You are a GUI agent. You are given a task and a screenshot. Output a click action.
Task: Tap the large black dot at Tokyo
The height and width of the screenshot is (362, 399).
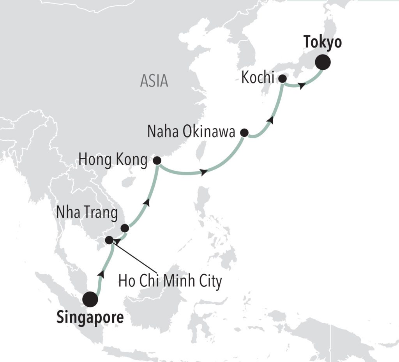click(x=323, y=62)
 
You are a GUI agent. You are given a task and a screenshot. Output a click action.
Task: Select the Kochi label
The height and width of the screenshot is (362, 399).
click(x=258, y=78)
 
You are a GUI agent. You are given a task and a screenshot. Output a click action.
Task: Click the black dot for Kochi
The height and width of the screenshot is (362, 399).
click(x=282, y=79)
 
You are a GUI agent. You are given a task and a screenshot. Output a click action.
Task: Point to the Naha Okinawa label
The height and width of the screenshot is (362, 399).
click(x=191, y=132)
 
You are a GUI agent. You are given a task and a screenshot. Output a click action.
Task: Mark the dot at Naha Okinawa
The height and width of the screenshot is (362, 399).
click(x=244, y=132)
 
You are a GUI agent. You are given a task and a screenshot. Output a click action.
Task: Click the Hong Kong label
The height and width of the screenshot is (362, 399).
click(x=113, y=159)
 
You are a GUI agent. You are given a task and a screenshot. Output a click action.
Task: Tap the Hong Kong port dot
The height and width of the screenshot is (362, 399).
click(x=157, y=160)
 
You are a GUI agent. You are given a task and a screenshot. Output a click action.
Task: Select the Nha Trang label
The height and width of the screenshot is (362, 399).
click(x=87, y=213)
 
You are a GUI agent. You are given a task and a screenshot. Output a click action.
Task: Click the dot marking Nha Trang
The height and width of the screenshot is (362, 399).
click(x=125, y=228)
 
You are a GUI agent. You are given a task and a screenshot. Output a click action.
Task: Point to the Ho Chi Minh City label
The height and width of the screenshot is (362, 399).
click(x=170, y=281)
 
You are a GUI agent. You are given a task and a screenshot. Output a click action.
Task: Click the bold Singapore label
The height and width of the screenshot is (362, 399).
click(x=90, y=318)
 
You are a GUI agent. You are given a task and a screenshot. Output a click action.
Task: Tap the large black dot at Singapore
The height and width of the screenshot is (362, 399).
click(x=90, y=299)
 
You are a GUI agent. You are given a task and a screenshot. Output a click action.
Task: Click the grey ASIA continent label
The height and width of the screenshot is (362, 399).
click(x=154, y=81)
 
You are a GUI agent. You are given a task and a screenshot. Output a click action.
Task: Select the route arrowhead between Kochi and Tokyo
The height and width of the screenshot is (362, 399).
click(x=302, y=87)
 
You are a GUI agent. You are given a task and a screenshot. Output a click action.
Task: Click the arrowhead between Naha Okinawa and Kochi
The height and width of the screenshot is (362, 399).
click(x=271, y=120)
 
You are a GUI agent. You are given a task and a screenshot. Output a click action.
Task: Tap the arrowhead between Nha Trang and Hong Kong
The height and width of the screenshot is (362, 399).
click(x=147, y=202)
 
